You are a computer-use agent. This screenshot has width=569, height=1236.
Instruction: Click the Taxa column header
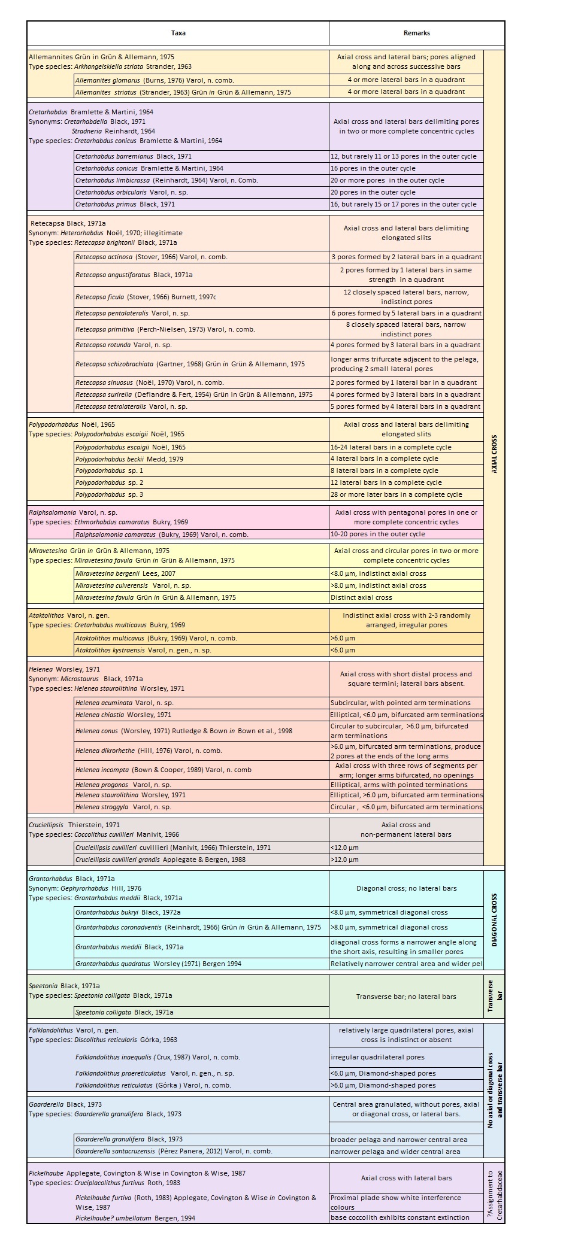coord(178,33)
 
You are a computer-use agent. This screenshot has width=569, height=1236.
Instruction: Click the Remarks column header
coord(416,33)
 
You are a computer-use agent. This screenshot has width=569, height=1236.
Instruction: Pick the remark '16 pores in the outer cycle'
coord(373,168)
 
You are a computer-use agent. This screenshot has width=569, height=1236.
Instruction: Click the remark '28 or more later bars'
coord(397,494)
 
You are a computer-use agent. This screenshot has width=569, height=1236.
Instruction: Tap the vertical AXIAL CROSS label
coord(494,454)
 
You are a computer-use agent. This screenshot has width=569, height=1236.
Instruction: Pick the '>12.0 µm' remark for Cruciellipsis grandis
coord(345,860)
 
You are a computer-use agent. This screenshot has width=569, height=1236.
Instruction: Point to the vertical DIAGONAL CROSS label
coord(494,921)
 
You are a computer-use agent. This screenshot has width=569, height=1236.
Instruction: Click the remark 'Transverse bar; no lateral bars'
coord(406,997)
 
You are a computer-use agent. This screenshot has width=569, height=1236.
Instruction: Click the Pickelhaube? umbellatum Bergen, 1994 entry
coord(135,1217)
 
